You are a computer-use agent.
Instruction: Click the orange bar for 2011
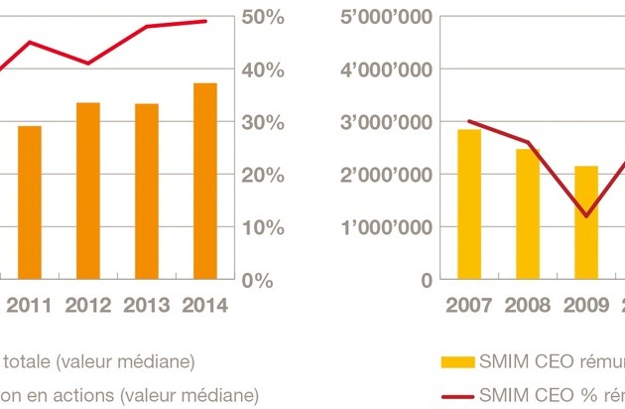(30, 203)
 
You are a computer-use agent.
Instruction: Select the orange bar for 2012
(87, 191)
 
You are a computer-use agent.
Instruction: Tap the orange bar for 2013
(147, 192)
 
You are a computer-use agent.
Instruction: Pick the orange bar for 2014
(205, 182)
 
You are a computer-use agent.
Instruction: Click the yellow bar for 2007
(469, 204)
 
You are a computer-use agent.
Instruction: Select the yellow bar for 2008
(528, 213)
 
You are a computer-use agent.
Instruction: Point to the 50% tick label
(264, 18)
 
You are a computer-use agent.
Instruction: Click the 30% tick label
(264, 122)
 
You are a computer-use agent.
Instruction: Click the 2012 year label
(87, 306)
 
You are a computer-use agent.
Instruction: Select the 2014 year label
(204, 306)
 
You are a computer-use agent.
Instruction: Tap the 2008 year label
(528, 306)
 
